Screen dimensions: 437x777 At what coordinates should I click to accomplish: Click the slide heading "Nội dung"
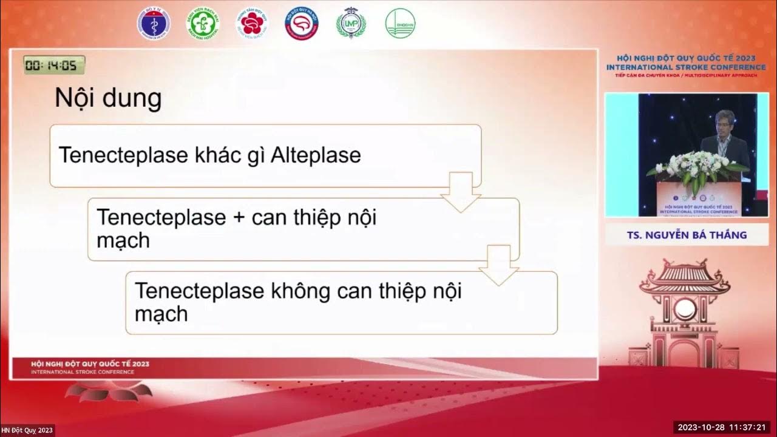tap(108, 98)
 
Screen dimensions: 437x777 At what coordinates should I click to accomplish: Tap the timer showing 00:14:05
tap(54, 65)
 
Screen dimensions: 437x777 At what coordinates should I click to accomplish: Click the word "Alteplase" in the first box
tap(316, 155)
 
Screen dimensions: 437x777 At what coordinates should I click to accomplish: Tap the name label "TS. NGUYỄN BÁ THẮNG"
tap(687, 235)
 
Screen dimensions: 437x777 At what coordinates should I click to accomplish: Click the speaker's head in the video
tap(724, 120)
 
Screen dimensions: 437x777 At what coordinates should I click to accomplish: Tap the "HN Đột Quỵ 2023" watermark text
tap(27, 430)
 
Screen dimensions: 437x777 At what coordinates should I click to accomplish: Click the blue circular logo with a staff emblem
tap(154, 24)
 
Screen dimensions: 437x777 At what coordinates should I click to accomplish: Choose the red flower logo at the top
tap(252, 24)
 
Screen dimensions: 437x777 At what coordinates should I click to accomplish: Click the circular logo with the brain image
tap(302, 24)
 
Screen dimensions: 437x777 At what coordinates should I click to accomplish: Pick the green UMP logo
tap(351, 24)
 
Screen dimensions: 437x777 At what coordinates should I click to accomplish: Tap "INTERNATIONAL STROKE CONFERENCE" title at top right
tap(686, 67)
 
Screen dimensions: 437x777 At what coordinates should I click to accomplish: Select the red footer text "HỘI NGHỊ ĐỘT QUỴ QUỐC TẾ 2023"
tap(90, 364)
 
